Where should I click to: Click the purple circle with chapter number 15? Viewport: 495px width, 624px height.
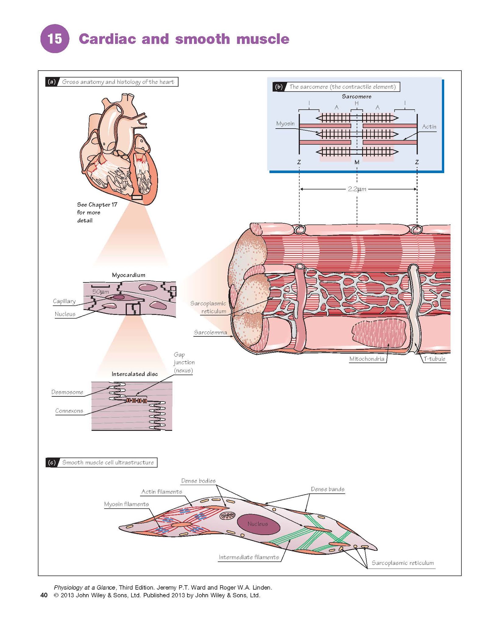coord(55,39)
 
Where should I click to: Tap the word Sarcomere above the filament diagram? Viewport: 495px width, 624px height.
coord(356,97)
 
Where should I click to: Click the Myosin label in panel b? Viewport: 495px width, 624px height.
coord(285,124)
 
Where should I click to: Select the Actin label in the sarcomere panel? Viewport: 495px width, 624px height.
coord(429,127)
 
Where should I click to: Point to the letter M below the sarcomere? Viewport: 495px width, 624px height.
coord(357,162)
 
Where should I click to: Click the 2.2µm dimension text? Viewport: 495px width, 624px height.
coord(357,189)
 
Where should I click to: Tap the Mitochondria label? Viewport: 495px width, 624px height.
coord(367,359)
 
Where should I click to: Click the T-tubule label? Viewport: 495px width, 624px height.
coord(434,359)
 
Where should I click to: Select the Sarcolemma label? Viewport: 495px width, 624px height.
coord(210,332)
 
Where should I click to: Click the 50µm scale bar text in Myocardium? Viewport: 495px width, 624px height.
coord(101,292)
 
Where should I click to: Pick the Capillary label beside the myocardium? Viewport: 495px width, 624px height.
coord(64,301)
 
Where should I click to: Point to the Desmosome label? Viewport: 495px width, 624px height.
coord(67,392)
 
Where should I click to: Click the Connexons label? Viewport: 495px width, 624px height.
coord(69,411)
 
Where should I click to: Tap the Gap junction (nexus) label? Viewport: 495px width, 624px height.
coord(184,363)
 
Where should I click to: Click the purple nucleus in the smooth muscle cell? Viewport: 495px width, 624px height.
coord(258,524)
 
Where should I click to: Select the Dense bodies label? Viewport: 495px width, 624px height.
coord(198,481)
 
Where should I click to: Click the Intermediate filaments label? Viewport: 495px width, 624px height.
coord(249,557)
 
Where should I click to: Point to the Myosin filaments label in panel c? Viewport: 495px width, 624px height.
coord(126,504)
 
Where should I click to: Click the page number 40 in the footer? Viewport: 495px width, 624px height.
coord(44,595)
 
